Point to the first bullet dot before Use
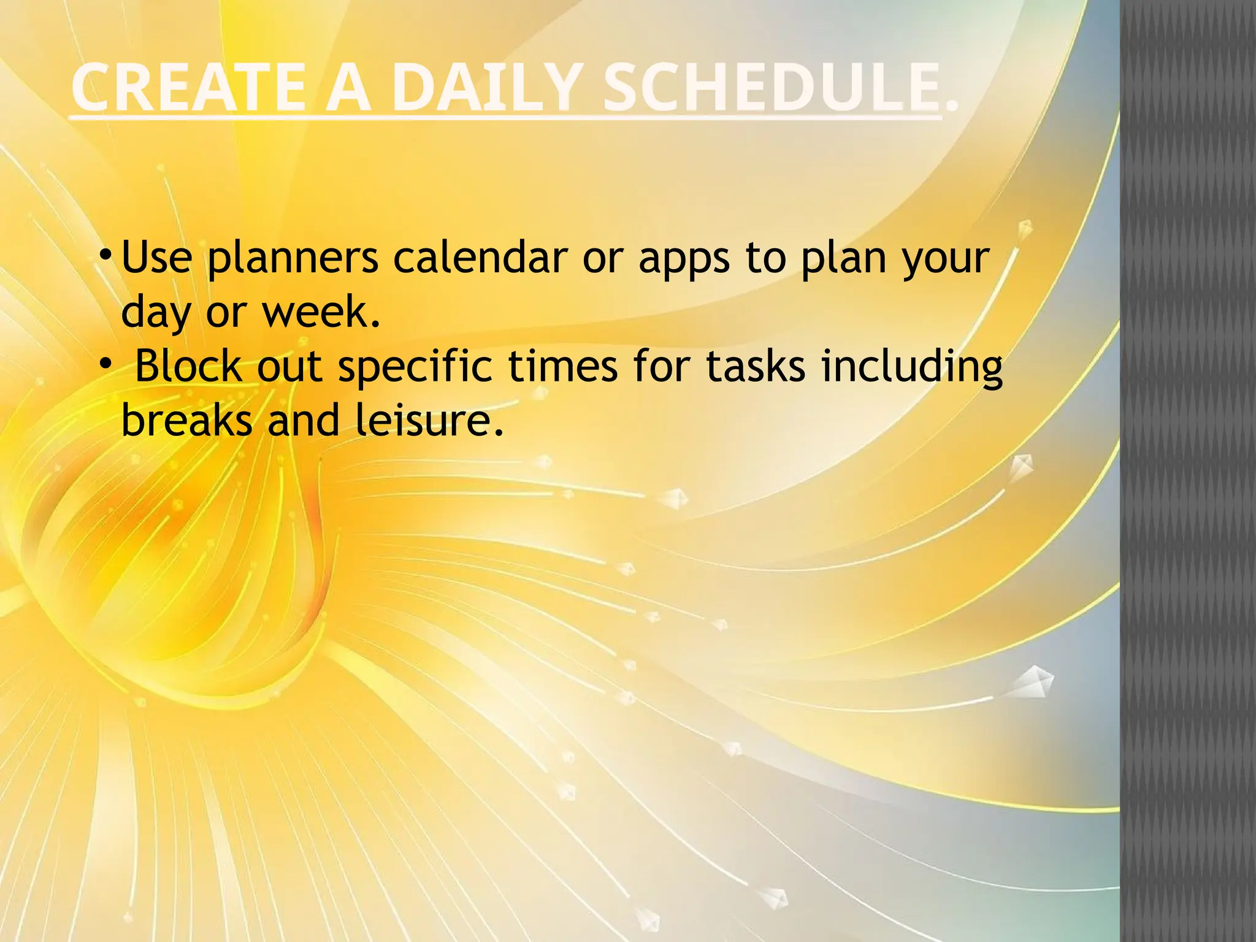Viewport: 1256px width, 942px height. point(105,253)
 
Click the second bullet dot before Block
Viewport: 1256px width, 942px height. point(105,364)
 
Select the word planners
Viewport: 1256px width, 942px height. point(293,258)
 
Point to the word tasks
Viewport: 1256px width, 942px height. point(755,366)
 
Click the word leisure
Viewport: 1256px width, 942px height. point(423,421)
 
